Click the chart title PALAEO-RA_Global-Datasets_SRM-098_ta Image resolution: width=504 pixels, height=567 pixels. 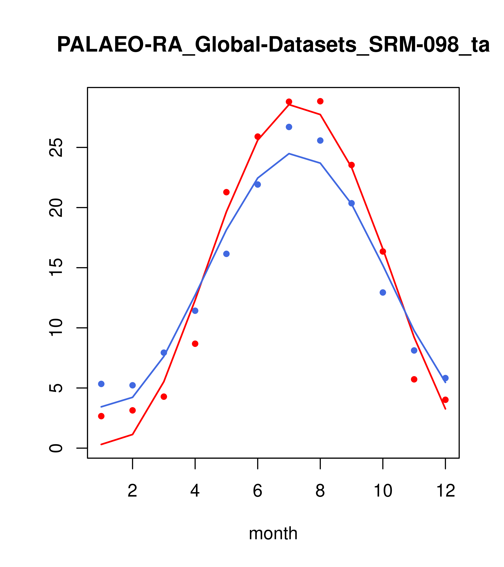(273, 45)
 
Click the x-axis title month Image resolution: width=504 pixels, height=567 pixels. (273, 533)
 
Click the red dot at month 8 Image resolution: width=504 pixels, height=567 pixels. (320, 101)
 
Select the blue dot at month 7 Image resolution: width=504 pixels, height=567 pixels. (289, 127)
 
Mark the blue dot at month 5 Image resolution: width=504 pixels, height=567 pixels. (226, 254)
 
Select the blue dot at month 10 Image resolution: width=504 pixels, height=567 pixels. (383, 292)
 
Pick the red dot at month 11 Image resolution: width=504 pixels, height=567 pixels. (414, 379)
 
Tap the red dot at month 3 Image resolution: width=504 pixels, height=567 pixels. (164, 397)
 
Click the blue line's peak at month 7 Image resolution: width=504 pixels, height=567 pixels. (289, 154)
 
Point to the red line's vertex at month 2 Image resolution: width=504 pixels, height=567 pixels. (133, 434)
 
